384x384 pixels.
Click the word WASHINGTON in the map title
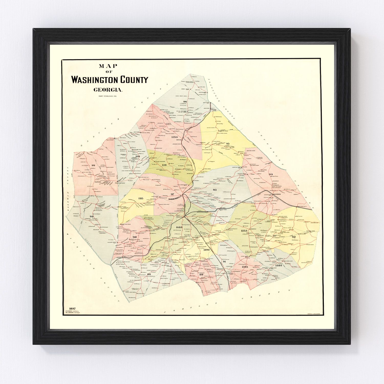pos(95,80)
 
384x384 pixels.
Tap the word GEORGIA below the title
pos(108,90)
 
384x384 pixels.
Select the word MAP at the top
pos(108,66)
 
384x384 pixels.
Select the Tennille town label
pos(178,217)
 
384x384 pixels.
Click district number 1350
pos(174,137)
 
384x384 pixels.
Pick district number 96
pos(185,102)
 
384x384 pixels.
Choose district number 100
pos(138,156)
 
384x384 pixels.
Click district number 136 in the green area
pos(164,165)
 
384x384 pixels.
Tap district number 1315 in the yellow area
pos(141,198)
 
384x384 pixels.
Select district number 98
pos(92,216)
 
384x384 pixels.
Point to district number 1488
pos(179,227)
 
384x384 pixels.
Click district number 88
pos(149,274)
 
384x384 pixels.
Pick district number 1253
pos(244,231)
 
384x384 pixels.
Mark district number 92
pos(294,237)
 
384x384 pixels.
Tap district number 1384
pos(279,265)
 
